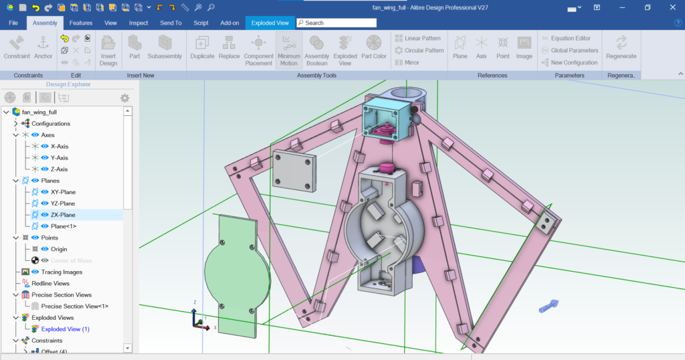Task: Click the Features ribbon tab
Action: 80,23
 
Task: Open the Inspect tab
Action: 138,23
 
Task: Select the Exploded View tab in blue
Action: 270,23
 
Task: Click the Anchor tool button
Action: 43,48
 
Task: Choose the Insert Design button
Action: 108,50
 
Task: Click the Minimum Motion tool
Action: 289,50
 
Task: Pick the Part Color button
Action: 374,48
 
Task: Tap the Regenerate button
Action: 621,48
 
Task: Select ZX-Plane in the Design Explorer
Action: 63,215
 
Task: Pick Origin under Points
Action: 59,249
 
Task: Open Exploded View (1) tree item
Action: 65,329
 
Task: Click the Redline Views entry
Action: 50,283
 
